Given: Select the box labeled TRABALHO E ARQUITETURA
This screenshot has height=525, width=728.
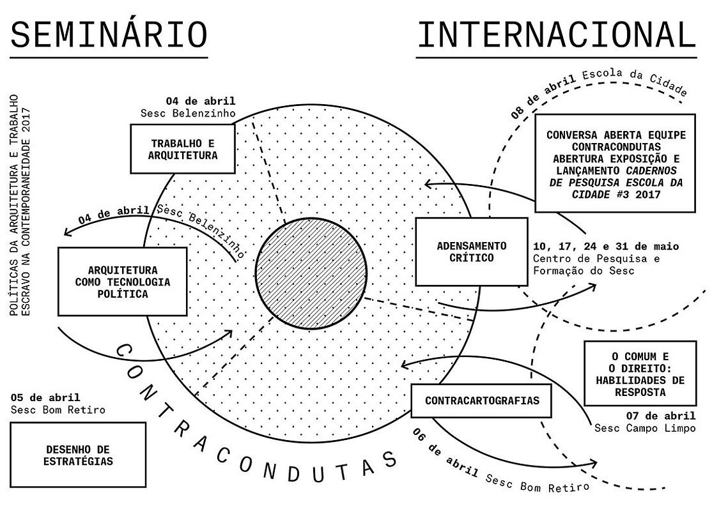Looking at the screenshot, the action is click(x=183, y=149).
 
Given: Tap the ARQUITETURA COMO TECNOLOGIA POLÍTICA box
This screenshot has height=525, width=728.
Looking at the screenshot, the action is click(x=123, y=282).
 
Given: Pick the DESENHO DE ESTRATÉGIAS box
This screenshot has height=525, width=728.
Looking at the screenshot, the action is click(x=78, y=455).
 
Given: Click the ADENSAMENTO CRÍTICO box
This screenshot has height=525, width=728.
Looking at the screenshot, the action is click(x=472, y=252).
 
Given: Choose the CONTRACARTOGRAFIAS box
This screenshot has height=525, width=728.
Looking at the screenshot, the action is click(x=481, y=400).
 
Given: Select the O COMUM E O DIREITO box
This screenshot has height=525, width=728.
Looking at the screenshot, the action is click(x=640, y=374).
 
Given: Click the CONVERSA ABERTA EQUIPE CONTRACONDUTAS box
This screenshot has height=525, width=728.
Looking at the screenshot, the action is click(x=615, y=164).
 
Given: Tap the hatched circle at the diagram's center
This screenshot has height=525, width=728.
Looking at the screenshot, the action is click(x=311, y=273).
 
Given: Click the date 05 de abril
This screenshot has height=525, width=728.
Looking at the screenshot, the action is click(x=45, y=397).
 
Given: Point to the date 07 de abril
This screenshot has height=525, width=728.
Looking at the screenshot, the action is click(x=661, y=416).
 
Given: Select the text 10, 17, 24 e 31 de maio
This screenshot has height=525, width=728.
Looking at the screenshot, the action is click(x=606, y=247).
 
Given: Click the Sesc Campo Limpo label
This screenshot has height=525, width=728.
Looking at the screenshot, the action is click(x=646, y=428).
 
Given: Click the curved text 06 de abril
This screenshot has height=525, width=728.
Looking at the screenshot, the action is click(x=445, y=453).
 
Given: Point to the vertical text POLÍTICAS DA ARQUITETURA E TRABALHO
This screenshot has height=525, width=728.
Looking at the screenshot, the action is click(x=15, y=205).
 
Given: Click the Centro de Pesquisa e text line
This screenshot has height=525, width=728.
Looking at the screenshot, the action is click(x=596, y=259).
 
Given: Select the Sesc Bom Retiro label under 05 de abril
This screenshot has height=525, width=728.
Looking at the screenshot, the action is click(x=58, y=410).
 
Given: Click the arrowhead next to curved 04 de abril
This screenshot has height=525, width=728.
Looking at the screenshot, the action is click(x=68, y=231).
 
